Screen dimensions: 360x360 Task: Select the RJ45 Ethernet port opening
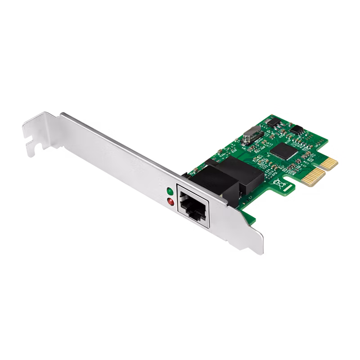pos(193,205)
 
